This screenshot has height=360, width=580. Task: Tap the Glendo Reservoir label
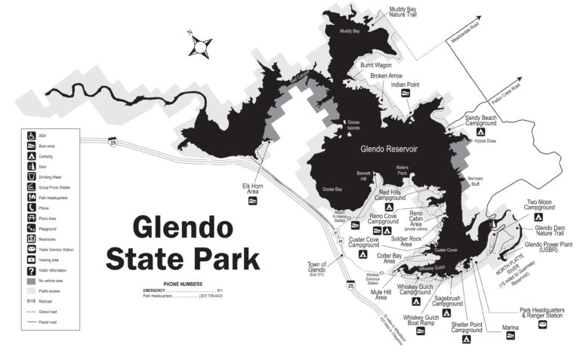(389, 149)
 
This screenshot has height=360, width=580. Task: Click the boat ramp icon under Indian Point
(406, 94)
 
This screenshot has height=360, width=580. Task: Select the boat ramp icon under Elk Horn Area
(252, 201)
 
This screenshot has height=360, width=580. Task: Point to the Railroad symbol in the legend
(32, 300)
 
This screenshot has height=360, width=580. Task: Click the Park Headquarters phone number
(211, 296)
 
